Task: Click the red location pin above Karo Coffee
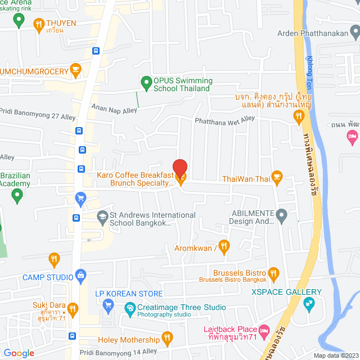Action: [x=180, y=168]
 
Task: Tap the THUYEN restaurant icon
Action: [x=38, y=24]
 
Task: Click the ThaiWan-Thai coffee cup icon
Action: [x=277, y=177]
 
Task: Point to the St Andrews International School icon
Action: [x=102, y=216]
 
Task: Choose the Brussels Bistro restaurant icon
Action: [x=274, y=273]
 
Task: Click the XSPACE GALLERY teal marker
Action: [x=309, y=304]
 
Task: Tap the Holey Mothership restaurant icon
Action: [x=167, y=338]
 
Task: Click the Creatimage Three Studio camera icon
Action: [x=130, y=308]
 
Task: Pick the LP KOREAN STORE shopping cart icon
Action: [x=109, y=305]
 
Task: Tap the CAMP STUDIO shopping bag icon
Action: [x=81, y=276]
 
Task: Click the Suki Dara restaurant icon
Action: [x=72, y=309]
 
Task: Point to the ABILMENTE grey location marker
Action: [x=282, y=215]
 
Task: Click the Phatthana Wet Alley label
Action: [x=224, y=120]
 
